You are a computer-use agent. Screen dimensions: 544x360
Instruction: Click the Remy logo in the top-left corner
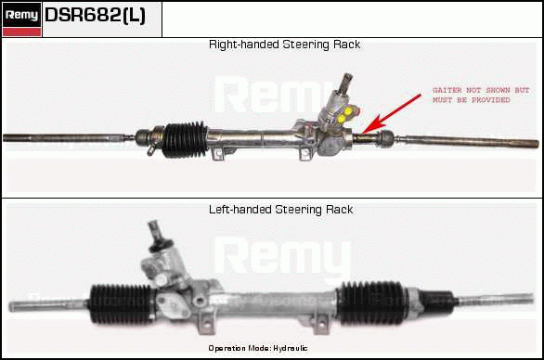tap(21, 19)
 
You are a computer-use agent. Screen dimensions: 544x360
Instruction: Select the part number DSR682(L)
tap(95, 15)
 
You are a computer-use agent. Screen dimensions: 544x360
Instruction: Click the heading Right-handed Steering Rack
tap(284, 45)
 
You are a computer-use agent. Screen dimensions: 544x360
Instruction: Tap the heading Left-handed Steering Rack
tap(280, 210)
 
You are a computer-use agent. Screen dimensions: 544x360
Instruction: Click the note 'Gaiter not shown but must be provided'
tap(481, 95)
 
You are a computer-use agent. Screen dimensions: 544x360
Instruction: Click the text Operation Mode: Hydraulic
tap(258, 348)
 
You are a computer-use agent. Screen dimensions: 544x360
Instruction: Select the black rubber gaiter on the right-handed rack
tap(185, 139)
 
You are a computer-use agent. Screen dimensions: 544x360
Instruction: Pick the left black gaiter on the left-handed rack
tap(122, 304)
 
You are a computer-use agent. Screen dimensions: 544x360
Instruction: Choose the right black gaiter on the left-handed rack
tap(372, 303)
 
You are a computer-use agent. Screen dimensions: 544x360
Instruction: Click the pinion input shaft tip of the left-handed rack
tap(153, 227)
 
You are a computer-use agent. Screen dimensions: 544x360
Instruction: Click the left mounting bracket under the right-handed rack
tap(218, 154)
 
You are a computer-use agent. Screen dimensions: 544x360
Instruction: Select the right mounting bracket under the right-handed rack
tap(305, 154)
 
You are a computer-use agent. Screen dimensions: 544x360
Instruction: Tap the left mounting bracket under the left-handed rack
tap(205, 323)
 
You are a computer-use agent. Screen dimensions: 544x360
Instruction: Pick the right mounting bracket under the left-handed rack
tap(320, 324)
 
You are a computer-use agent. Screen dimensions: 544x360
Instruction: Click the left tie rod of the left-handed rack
tap(49, 305)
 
